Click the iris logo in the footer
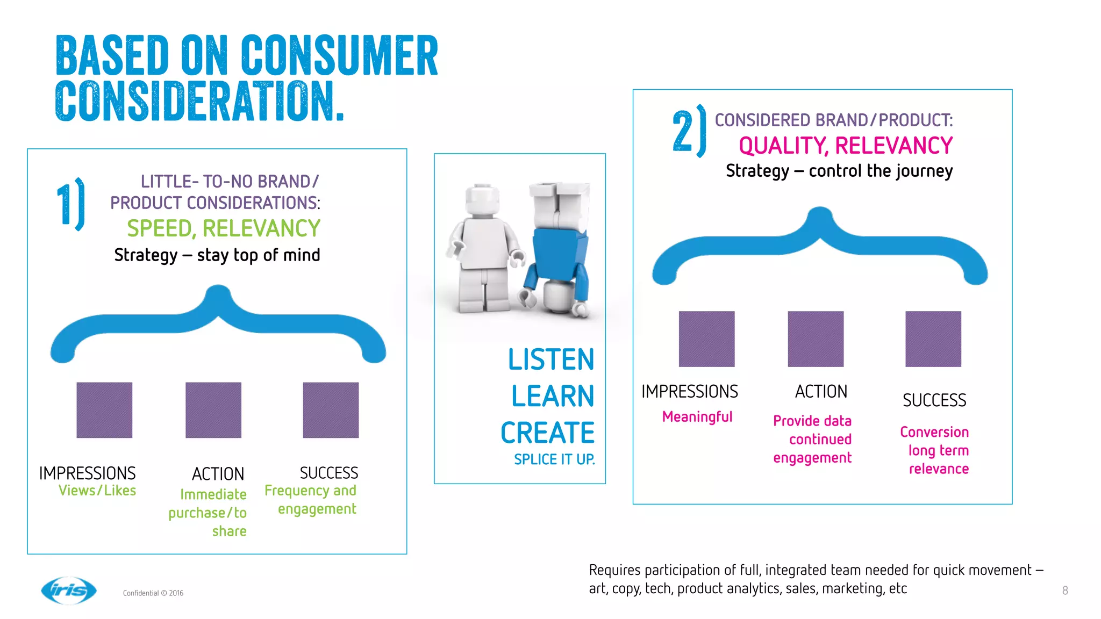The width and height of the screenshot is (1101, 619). [x=69, y=591]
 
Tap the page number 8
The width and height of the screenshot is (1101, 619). [x=1064, y=591]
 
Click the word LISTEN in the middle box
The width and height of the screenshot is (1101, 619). [x=551, y=359]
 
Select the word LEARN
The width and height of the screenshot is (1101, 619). [x=553, y=396]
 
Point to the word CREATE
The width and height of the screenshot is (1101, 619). [x=547, y=433]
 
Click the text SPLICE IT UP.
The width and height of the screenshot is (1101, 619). [x=554, y=459]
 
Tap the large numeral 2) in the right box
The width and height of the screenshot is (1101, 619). [x=689, y=131]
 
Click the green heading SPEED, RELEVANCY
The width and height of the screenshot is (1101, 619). [x=223, y=228]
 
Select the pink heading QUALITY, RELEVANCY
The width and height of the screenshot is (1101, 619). [x=845, y=146]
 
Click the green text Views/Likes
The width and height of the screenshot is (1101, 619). [x=97, y=491]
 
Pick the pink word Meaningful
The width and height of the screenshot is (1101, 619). [x=697, y=417]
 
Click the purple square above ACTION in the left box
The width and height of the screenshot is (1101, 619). [x=213, y=410]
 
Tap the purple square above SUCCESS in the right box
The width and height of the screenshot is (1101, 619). [x=933, y=339]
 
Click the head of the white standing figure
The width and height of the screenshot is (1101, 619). [x=481, y=200]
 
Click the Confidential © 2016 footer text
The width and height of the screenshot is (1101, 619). [x=153, y=593]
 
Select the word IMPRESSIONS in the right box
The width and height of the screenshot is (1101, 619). [x=690, y=392]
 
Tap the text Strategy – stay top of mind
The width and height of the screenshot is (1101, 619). [x=217, y=255]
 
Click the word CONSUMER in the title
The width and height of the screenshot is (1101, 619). [x=339, y=55]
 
